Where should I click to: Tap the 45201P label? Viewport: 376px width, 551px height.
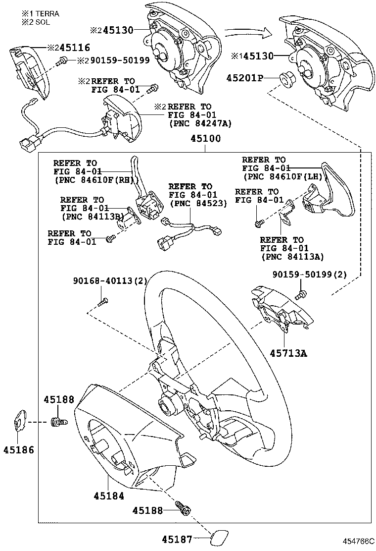pos(245,78)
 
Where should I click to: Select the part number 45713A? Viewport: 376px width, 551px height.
pos(288,353)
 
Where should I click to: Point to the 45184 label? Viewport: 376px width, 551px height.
pos(108,495)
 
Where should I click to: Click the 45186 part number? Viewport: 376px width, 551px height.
pos(19,450)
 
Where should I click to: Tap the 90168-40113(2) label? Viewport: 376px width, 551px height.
pos(110,281)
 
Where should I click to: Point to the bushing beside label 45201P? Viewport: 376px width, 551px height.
pos(285,79)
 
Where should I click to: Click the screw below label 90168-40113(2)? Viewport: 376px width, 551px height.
pos(103,300)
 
